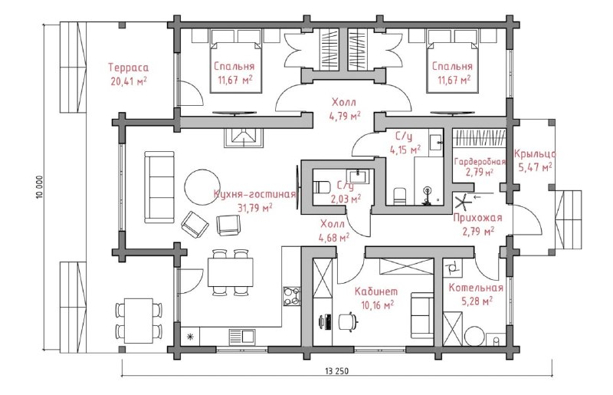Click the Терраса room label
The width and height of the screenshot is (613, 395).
(128, 67)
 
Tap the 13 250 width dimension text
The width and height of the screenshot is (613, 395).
(336, 370)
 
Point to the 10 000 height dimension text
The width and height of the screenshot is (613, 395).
(39, 186)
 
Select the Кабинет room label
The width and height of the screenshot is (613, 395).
(376, 291)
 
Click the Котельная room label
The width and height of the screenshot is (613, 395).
(475, 288)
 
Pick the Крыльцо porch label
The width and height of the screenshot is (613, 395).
(535, 154)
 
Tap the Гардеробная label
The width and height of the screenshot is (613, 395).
(480, 162)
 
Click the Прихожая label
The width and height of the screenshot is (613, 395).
(477, 218)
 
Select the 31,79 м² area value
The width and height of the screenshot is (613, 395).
(255, 207)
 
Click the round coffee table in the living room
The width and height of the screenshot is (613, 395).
(202, 187)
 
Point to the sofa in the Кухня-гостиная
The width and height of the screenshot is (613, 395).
(159, 187)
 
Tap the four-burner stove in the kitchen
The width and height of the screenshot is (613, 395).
(292, 296)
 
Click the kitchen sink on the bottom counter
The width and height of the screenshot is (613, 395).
(242, 337)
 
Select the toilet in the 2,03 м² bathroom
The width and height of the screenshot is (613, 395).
(322, 187)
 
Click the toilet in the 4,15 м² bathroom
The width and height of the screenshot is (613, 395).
(399, 196)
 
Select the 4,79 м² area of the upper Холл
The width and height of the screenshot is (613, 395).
(344, 117)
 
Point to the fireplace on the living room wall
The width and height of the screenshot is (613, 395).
(244, 138)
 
